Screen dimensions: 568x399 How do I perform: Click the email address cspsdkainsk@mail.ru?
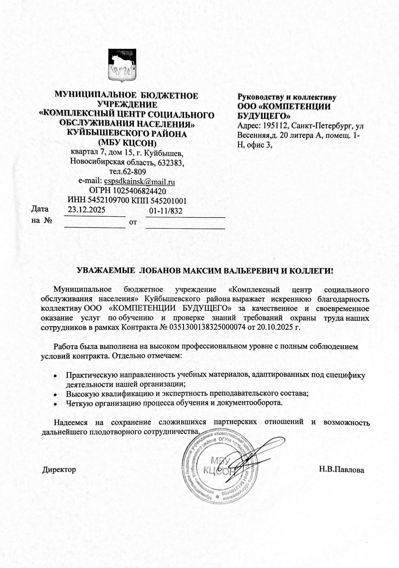139,181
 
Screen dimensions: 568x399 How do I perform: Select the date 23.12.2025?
86,209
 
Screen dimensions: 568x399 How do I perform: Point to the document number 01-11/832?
165,211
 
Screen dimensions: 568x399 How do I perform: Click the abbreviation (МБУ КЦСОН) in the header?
127,143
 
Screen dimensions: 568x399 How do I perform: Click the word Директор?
59,469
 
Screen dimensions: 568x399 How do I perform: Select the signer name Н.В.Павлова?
342,469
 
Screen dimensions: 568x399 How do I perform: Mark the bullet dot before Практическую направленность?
55,376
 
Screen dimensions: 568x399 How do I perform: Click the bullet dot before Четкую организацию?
55,403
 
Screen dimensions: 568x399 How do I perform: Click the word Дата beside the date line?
40,209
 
